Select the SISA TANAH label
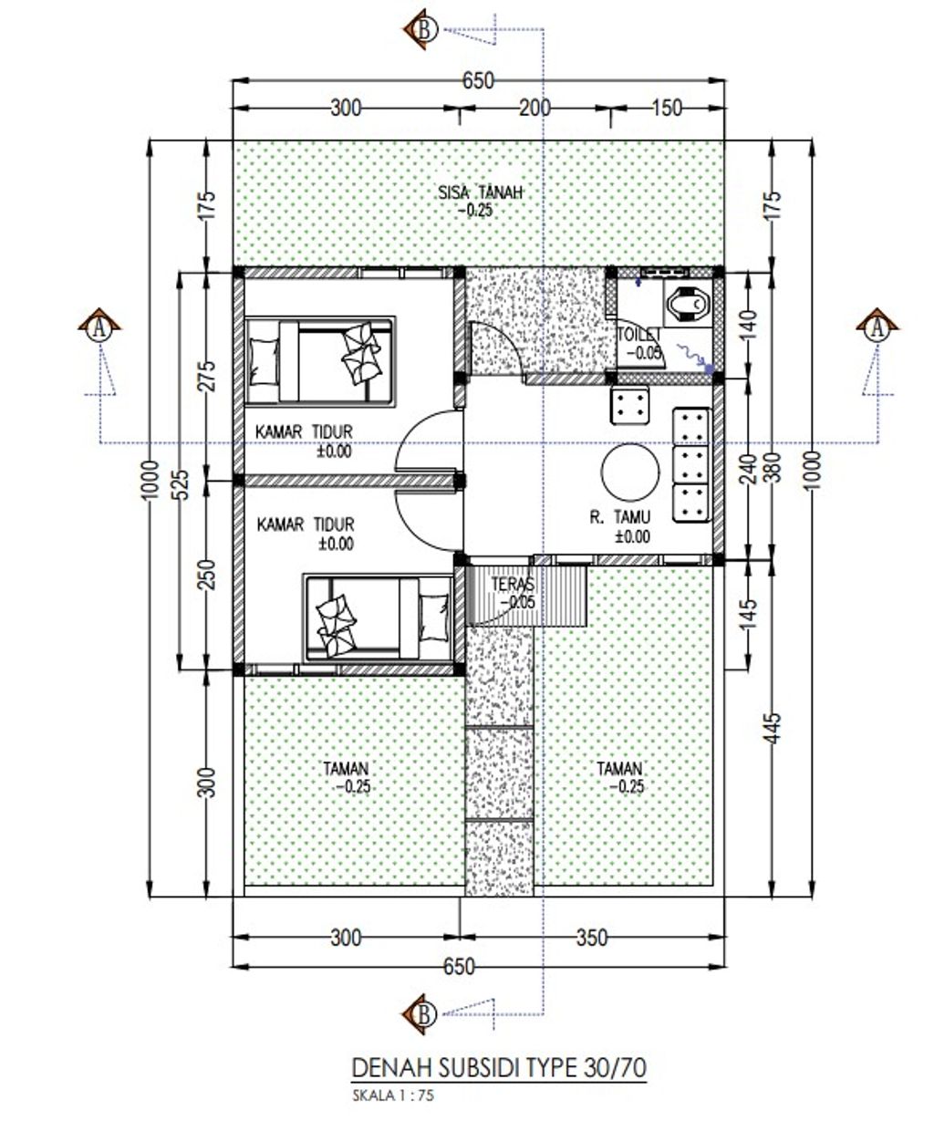pyautogui.click(x=480, y=192)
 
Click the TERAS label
pyautogui.click(x=513, y=584)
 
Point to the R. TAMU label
pyautogui.click(x=619, y=517)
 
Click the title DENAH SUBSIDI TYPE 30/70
pyautogui.click(x=499, y=1067)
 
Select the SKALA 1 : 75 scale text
pyautogui.click(x=393, y=1095)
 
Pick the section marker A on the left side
pyautogui.click(x=99, y=327)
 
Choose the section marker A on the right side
pyautogui.click(x=877, y=327)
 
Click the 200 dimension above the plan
pyautogui.click(x=534, y=109)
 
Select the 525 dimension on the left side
pyautogui.click(x=182, y=484)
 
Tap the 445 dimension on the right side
pyautogui.click(x=772, y=728)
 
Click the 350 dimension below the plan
pyautogui.click(x=592, y=938)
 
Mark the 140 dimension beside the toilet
pyautogui.click(x=749, y=324)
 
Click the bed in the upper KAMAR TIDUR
pyautogui.click(x=320, y=360)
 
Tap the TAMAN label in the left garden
pyautogui.click(x=346, y=769)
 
